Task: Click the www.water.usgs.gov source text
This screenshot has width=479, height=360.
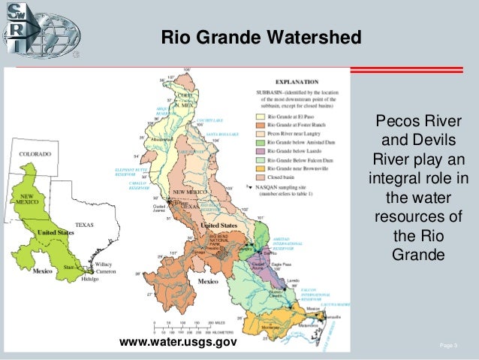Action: coord(178,343)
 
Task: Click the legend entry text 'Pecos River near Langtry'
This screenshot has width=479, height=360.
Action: coord(289,131)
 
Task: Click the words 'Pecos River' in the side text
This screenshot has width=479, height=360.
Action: coord(418,123)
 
